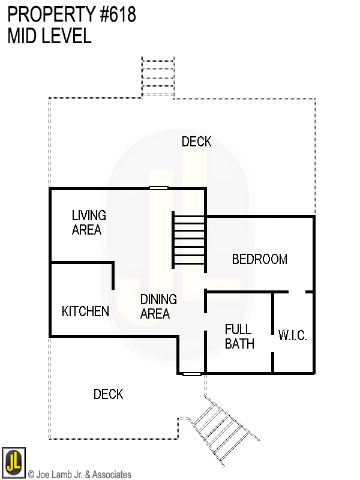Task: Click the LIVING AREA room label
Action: coord(88,222)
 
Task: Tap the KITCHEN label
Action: coord(85,311)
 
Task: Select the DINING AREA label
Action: coord(158,306)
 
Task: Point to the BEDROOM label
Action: coord(259,259)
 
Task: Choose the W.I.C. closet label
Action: coord(292,336)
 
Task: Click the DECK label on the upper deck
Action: coord(196,142)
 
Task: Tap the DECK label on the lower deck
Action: coord(108,394)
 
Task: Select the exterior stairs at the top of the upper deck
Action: coord(157,77)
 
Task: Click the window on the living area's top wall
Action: coord(158,188)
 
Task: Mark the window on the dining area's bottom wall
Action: coord(191,374)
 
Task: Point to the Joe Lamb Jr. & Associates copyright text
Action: coord(80,475)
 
